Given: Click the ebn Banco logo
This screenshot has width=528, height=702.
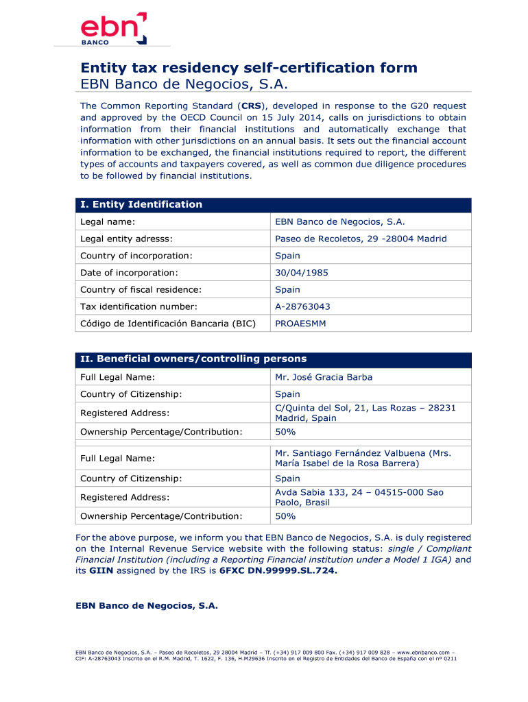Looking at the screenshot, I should click(x=114, y=29).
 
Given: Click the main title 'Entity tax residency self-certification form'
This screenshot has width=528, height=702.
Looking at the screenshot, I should click(x=249, y=68).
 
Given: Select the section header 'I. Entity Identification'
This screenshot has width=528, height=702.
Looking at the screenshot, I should click(x=141, y=204).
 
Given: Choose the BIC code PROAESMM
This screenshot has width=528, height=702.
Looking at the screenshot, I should click(x=300, y=323).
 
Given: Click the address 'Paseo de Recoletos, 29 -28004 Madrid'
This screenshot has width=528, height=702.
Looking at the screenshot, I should click(x=361, y=239).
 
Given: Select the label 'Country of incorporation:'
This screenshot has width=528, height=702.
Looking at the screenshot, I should click(x=136, y=256).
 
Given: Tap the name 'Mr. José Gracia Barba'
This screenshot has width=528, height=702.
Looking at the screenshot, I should click(x=324, y=377).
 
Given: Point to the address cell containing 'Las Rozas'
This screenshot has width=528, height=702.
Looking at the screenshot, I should click(x=365, y=413).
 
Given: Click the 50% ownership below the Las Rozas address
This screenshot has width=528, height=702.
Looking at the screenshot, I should click(x=285, y=432).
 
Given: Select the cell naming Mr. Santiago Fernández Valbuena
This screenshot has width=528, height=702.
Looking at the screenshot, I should click(x=363, y=458).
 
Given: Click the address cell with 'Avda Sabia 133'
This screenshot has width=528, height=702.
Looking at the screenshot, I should click(x=359, y=497).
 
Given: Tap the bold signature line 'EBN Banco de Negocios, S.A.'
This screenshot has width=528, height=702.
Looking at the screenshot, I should click(x=146, y=606).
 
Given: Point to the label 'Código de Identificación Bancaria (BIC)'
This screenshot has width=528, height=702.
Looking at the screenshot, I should click(x=168, y=323).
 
